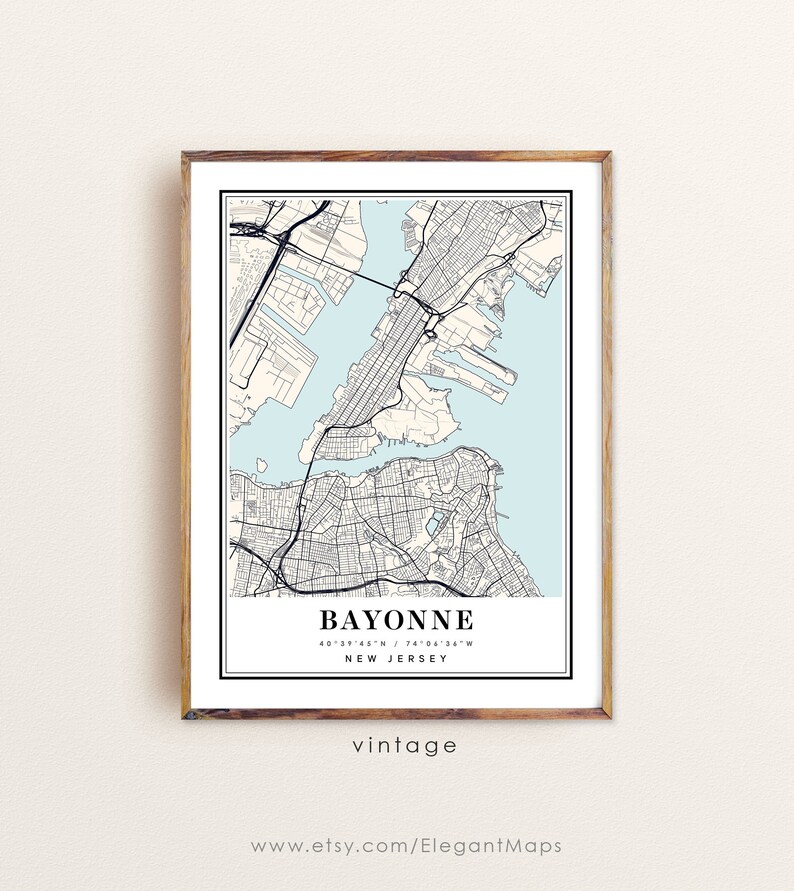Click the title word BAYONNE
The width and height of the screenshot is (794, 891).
(x=396, y=619)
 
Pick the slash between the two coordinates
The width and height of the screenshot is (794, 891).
(x=397, y=642)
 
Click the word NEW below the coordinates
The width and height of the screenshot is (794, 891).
(x=361, y=658)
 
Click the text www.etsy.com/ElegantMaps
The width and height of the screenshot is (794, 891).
(x=405, y=846)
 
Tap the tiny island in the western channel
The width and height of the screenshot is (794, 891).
(x=260, y=464)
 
